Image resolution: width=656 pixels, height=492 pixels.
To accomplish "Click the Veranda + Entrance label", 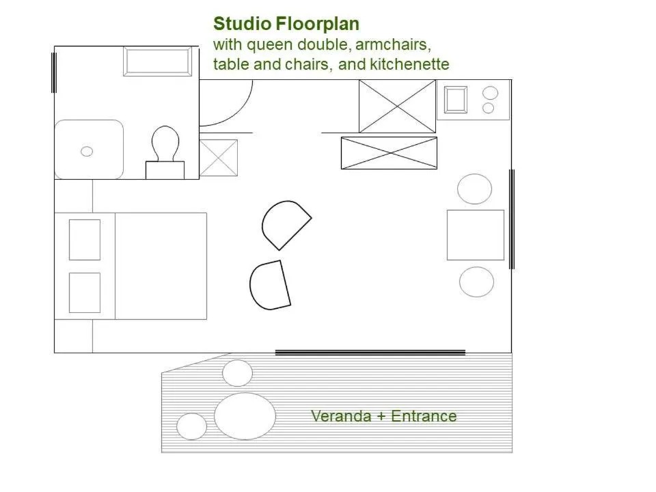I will click(383, 415).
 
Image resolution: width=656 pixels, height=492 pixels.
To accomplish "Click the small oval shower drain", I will click(87, 151).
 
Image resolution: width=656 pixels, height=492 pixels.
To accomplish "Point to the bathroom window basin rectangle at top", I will click(158, 61).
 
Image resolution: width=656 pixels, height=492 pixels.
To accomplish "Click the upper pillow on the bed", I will click(85, 239).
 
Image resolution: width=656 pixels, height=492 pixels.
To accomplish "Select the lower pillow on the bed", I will click(85, 292).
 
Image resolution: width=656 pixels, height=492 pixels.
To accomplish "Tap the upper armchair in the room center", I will click(284, 225).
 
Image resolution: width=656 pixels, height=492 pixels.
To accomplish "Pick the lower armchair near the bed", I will click(270, 285).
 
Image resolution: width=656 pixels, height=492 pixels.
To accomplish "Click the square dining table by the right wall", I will click(476, 234).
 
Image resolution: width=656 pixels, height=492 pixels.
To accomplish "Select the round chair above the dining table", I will click(475, 189).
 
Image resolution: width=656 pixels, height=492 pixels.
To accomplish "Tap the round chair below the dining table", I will click(476, 282).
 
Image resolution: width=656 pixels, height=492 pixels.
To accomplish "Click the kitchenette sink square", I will click(456, 100).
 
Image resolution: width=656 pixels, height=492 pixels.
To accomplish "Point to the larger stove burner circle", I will click(491, 92).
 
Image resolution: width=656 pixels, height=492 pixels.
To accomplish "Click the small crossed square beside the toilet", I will click(219, 157).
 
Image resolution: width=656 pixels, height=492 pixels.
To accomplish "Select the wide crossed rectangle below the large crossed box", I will click(389, 152).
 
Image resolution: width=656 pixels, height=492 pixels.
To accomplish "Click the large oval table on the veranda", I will click(245, 415).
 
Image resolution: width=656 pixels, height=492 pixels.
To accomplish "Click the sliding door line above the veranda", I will click(370, 353).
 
